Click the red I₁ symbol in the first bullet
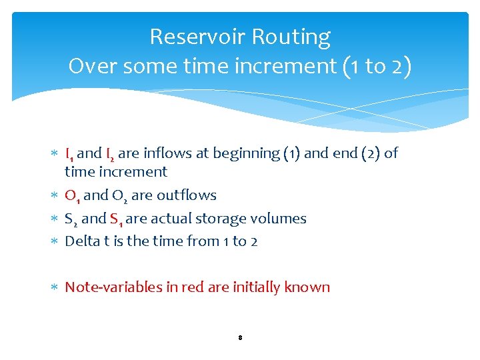tap(70, 154)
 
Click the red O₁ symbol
tap(73, 196)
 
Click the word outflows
tap(187, 195)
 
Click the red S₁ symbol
tap(116, 219)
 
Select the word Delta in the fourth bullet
tap(81, 241)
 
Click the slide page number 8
tap(239, 338)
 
